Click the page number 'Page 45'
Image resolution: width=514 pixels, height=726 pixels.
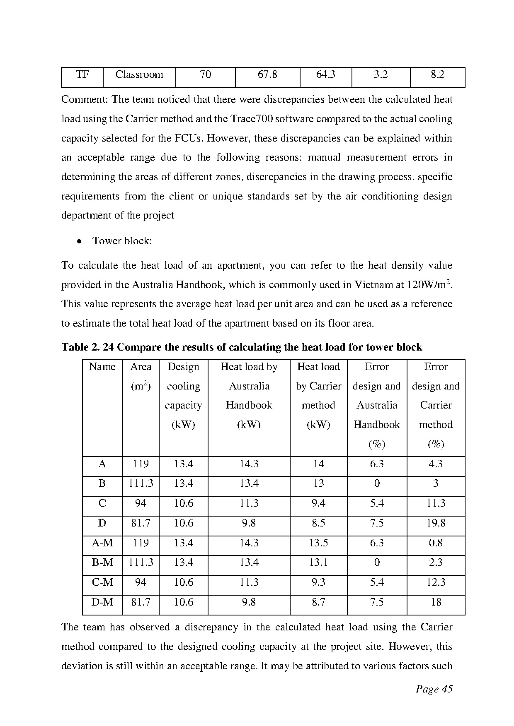point(434,689)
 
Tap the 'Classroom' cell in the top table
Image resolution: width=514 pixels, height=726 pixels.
point(139,75)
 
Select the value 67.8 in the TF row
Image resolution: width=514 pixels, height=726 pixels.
point(267,75)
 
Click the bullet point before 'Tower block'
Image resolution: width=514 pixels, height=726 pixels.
point(79,241)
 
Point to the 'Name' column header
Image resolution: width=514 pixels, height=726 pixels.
point(102,367)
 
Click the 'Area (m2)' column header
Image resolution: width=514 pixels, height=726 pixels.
point(141,376)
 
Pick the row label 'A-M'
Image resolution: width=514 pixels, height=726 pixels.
point(102,543)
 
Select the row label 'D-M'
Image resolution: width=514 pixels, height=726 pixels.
point(102,602)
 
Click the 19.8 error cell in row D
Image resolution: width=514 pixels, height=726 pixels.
point(436,523)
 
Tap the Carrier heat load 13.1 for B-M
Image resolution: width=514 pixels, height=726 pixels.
point(318,563)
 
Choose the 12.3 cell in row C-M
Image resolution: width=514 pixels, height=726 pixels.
point(436,582)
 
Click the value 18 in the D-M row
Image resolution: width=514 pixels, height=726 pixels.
point(436,602)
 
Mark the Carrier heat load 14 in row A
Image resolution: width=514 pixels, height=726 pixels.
point(318,464)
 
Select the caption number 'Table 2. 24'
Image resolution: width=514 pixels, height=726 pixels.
point(87,347)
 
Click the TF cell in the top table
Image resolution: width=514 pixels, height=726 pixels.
point(82,75)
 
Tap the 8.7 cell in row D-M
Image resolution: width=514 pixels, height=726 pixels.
point(318,602)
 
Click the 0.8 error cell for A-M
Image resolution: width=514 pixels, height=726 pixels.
point(436,543)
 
